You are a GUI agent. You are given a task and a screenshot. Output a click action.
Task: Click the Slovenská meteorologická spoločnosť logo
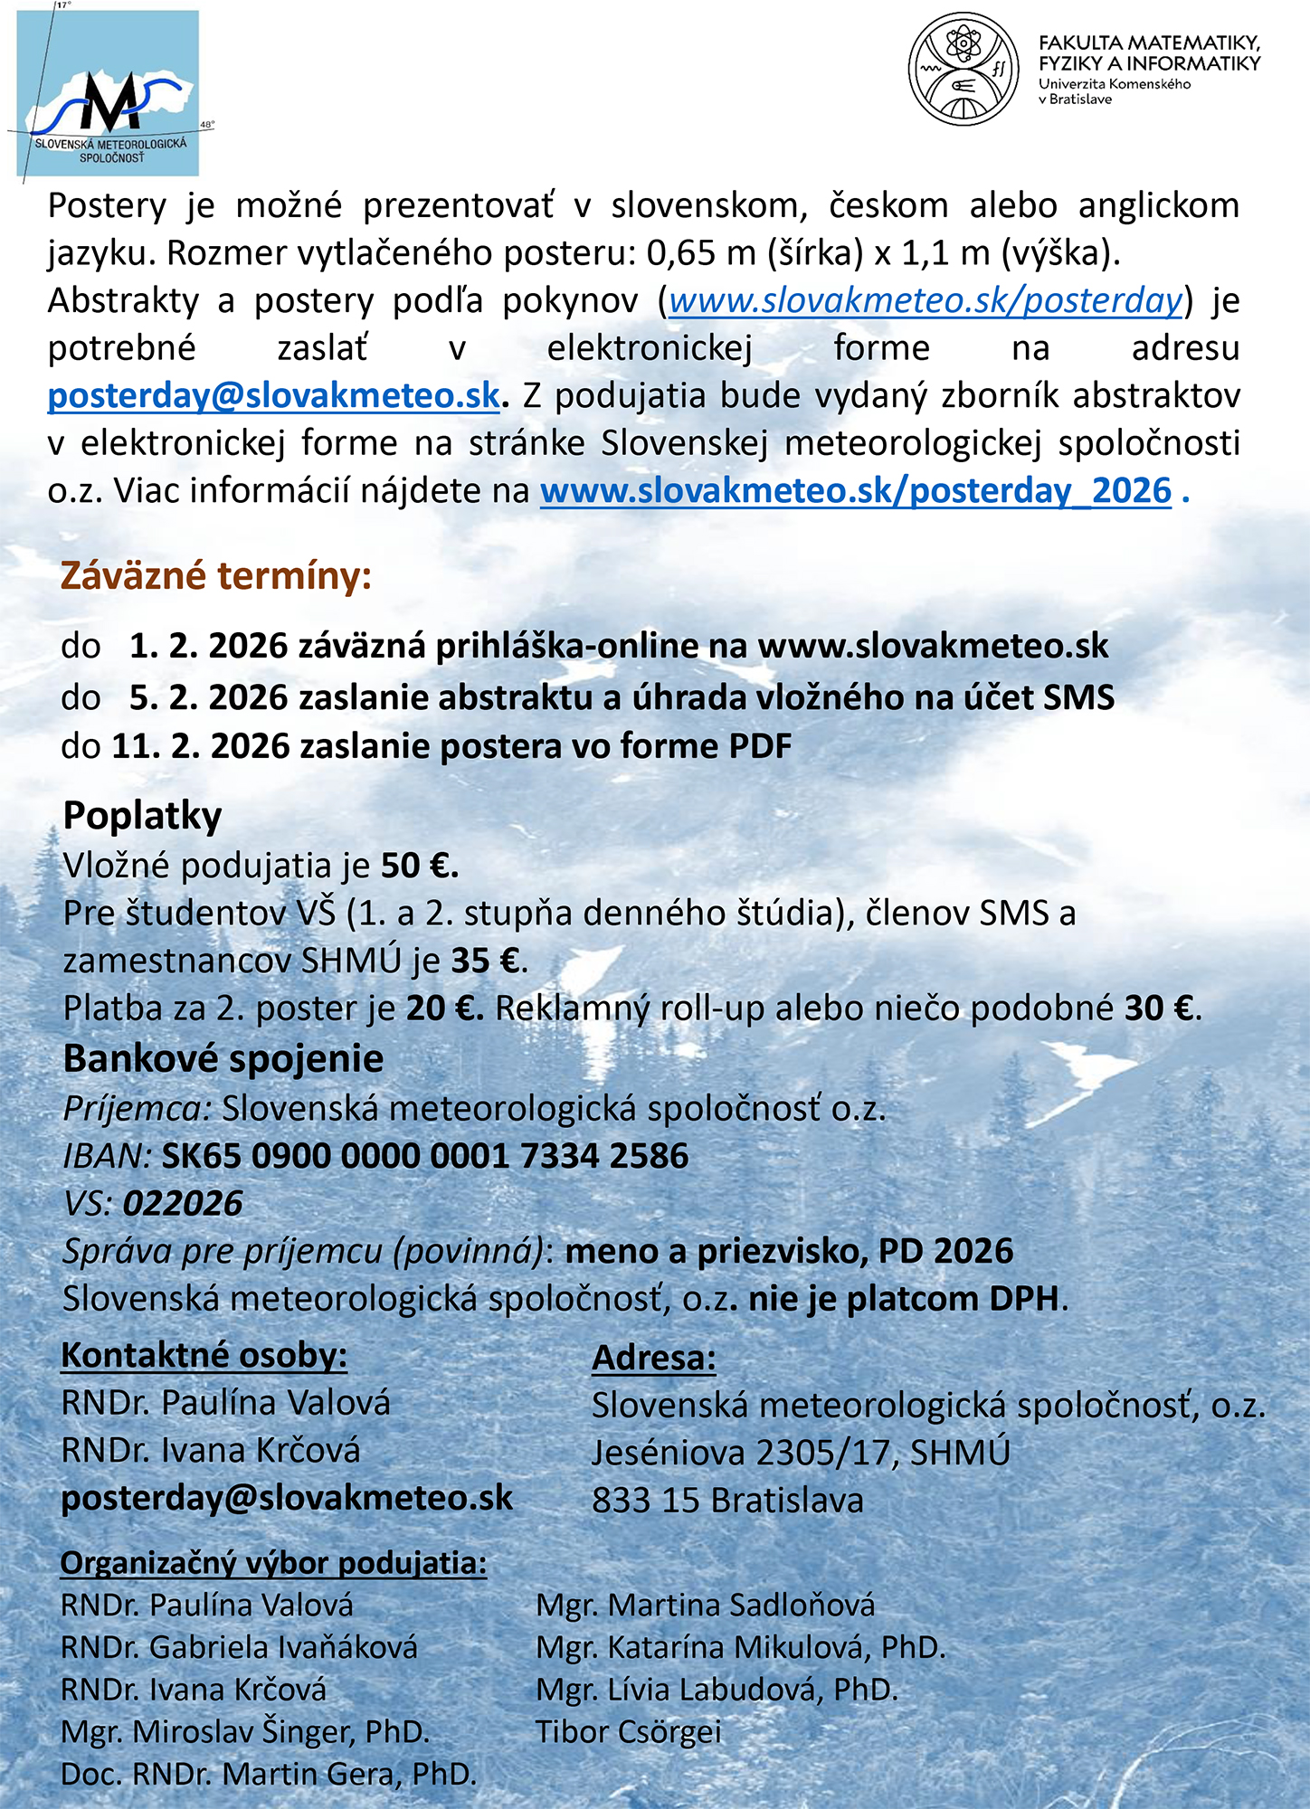(109, 94)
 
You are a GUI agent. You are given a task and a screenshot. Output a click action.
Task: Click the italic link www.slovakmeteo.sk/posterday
(926, 300)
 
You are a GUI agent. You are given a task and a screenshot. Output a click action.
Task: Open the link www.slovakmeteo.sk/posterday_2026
(856, 491)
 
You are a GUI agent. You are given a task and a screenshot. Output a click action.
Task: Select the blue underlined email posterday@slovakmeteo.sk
(273, 396)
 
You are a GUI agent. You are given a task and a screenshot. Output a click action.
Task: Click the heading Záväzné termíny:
(216, 576)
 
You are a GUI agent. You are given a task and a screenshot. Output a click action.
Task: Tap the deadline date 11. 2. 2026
(200, 746)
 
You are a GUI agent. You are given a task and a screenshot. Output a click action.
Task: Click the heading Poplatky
(142, 816)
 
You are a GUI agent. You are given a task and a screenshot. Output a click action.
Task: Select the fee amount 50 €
(419, 867)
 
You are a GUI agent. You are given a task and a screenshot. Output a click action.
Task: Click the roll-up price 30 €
(1161, 1009)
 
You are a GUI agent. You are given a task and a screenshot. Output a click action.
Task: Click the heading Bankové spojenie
(223, 1059)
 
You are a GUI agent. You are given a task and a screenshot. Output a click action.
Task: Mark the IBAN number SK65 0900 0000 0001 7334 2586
(425, 1156)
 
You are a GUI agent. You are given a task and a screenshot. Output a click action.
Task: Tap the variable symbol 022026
(183, 1204)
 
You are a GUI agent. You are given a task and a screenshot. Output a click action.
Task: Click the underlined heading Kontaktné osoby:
(204, 1355)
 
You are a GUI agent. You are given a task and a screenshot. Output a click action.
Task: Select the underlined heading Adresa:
(654, 1358)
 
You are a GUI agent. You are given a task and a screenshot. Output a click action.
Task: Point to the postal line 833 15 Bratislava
(727, 1501)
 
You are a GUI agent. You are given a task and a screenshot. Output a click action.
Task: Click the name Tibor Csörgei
(629, 1732)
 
